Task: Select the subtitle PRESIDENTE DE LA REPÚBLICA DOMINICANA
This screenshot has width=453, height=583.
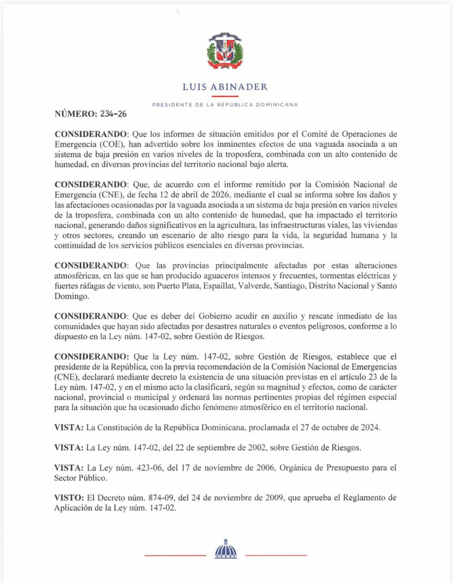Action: [x=225, y=104]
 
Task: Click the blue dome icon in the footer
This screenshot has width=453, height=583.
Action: [x=226, y=549]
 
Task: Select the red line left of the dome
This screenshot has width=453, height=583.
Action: [x=174, y=555]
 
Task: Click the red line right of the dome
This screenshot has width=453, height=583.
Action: [x=276, y=555]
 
